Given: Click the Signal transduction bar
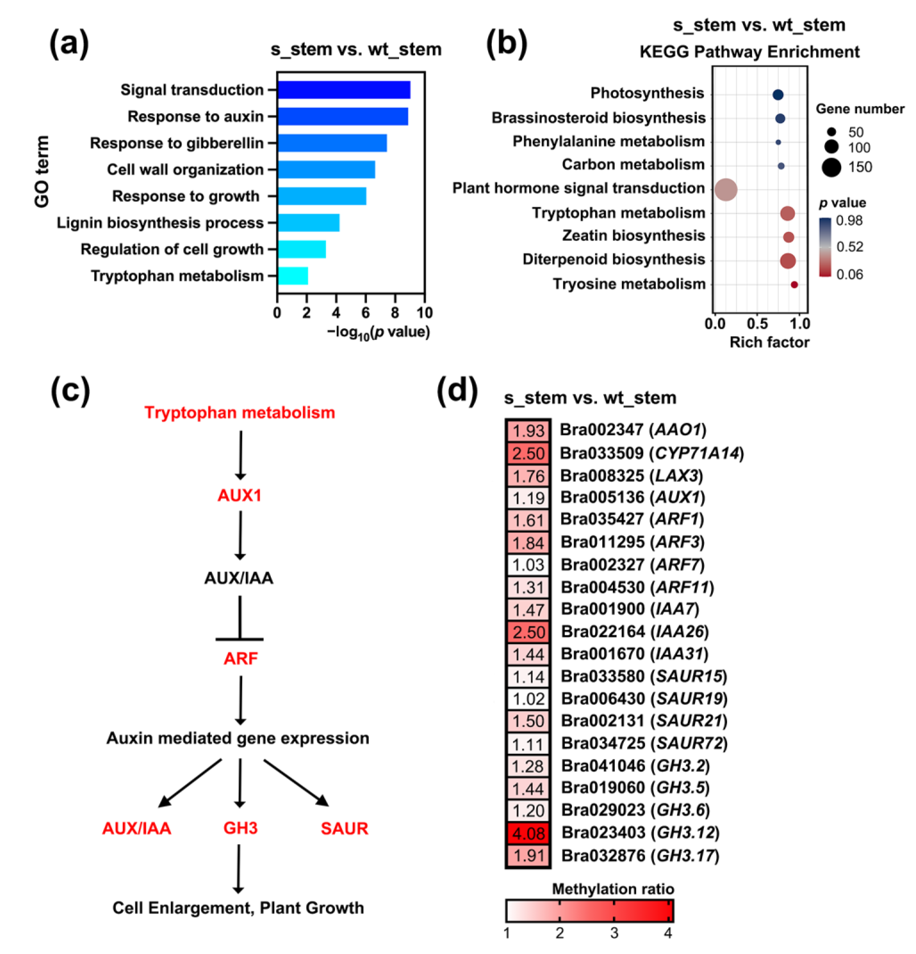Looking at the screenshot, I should point(344,90).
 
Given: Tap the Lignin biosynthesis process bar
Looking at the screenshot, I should point(308,223).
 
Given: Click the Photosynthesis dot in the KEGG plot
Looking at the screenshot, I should point(778,95).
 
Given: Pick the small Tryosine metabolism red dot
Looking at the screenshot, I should point(794,285).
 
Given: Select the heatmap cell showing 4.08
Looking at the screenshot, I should point(528,834).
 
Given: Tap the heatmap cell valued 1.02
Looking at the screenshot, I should point(528,699).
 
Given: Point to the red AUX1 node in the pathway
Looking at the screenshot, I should point(239,496).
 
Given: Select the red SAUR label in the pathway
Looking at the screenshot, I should point(344,828).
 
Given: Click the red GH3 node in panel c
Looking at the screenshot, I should point(240,828).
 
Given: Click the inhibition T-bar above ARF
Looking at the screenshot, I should point(239,638).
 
